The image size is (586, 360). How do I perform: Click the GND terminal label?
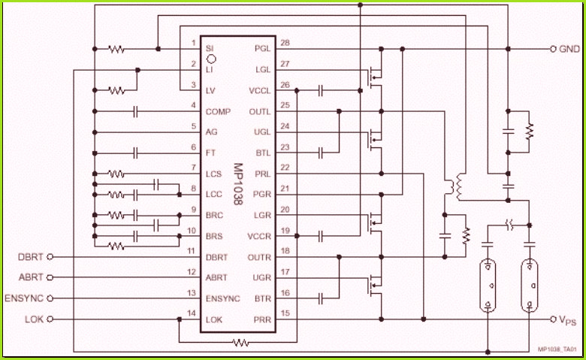pyautogui.click(x=569, y=49)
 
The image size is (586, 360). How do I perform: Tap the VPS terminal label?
pyautogui.click(x=567, y=320)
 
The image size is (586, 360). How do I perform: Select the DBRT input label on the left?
pyautogui.click(x=31, y=257)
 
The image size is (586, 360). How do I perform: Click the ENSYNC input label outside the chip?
pyautogui.click(x=24, y=298)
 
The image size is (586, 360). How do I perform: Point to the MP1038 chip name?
pyautogui.click(x=238, y=184)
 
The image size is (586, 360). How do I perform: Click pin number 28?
pyautogui.click(x=285, y=43)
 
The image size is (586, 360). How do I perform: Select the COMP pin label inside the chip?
pyautogui.click(x=218, y=111)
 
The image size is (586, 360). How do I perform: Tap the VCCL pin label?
pyautogui.click(x=259, y=91)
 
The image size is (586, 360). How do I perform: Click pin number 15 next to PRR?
pyautogui.click(x=285, y=313)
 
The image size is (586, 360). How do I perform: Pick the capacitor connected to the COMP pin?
pyautogui.click(x=135, y=111)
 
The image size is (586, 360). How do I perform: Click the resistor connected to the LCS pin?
pyautogui.click(x=116, y=174)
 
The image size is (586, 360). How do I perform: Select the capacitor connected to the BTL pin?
pyautogui.click(x=320, y=153)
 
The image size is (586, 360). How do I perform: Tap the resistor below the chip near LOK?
pyautogui.click(x=240, y=342)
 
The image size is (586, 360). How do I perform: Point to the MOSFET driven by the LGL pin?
pyautogui.click(x=374, y=77)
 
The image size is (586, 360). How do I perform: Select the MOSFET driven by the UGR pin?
pyautogui.click(x=374, y=285)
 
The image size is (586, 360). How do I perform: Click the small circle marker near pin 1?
pyautogui.click(x=211, y=59)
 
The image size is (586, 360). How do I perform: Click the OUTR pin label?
pyautogui.click(x=259, y=257)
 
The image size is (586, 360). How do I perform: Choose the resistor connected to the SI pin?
pyautogui.click(x=116, y=49)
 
